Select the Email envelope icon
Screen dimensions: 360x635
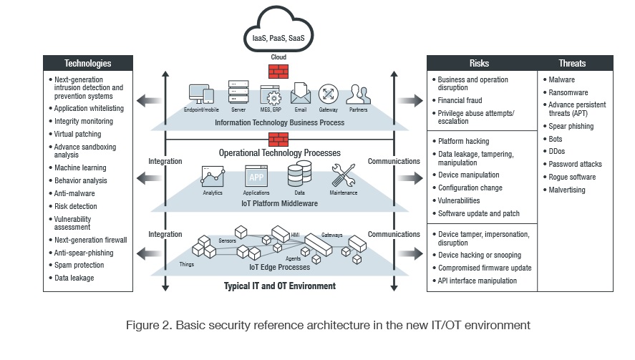point(300,94)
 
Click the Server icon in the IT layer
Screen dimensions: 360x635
point(238,93)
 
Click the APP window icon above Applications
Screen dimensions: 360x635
point(256,175)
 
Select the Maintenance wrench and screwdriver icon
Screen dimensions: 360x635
point(343,175)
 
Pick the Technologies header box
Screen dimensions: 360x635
point(88,63)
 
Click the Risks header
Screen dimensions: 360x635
point(480,63)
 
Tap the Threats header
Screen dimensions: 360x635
point(576,63)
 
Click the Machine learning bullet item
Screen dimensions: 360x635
point(80,167)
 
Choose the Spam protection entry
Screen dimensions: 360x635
point(79,266)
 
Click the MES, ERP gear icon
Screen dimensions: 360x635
point(271,94)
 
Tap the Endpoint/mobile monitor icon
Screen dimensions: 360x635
point(200,94)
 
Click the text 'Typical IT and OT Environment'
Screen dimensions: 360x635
point(278,286)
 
